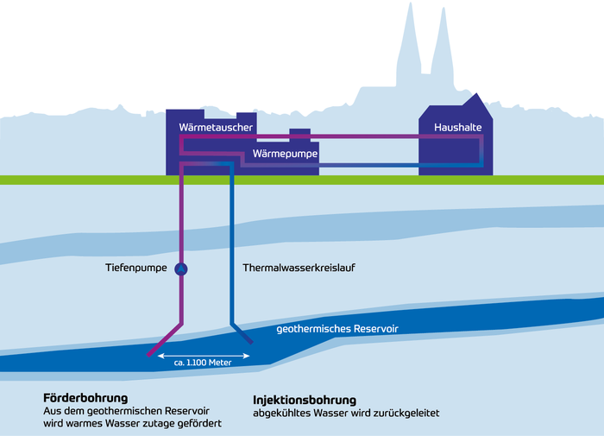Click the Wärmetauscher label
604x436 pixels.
click(215, 128)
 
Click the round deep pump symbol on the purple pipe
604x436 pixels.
click(181, 269)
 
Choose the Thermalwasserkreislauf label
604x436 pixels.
click(299, 269)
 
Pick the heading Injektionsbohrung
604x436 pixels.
click(305, 401)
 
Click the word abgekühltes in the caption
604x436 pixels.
click(283, 414)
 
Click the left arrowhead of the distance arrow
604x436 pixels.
click(161, 353)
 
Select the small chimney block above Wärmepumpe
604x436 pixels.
click(299, 135)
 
